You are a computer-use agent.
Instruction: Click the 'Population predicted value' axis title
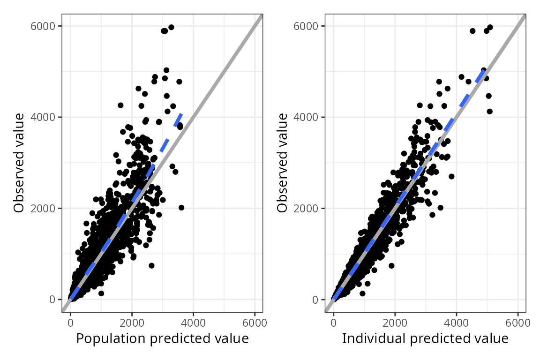pos(162,338)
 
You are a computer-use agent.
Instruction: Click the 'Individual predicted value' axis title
pos(425,338)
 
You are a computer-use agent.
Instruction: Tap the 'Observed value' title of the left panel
pos(19,163)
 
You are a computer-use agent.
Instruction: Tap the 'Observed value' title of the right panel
pos(282,163)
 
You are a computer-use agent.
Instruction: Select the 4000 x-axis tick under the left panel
pos(193,322)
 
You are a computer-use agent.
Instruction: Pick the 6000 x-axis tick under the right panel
pos(518,322)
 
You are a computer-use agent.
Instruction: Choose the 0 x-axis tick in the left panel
pos(70,322)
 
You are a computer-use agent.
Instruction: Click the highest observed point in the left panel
pos(171,27)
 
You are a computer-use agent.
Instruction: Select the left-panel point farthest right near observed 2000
pos(181,207)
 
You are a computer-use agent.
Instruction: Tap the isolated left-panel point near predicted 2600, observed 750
pos(151,265)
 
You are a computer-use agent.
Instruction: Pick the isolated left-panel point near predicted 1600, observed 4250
pos(120,105)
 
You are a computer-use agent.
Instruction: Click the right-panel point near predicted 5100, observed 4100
pos(490,111)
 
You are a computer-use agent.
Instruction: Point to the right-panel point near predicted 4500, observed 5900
pos(472,31)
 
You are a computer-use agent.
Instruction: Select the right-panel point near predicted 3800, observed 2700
pos(451,176)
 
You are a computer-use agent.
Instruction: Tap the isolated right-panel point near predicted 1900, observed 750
pos(391,265)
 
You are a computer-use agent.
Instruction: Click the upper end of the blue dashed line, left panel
pos(181,113)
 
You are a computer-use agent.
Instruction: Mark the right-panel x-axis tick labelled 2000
pos(395,322)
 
